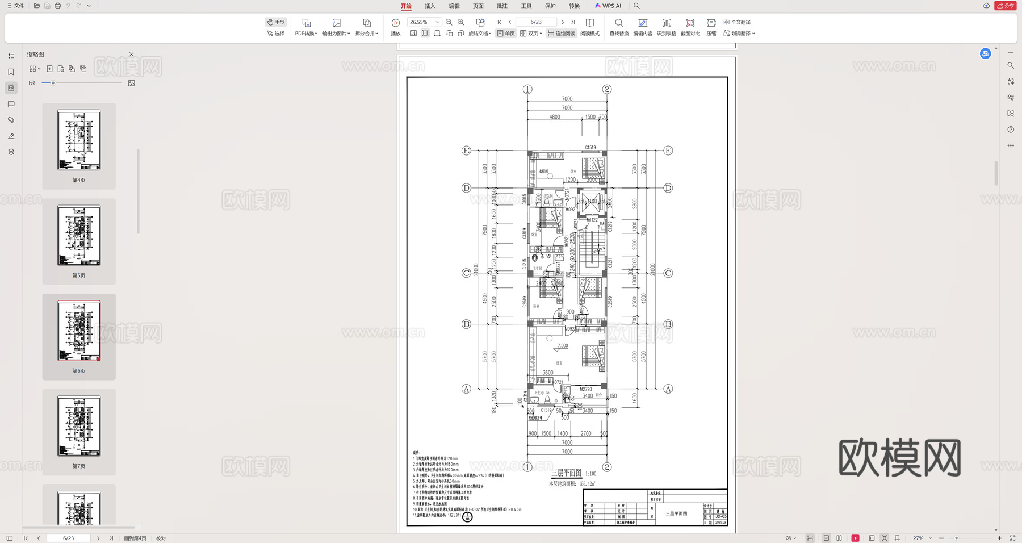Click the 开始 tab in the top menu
point(406,6)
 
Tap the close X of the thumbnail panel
point(132,55)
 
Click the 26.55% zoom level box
point(423,22)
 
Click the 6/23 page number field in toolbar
point(536,22)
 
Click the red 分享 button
point(1006,6)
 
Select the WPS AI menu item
point(608,6)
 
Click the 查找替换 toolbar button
point(619,27)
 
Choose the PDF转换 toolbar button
point(306,27)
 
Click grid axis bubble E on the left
point(466,151)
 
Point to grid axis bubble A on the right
point(668,389)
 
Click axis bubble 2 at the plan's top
point(607,89)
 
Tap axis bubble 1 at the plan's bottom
point(527,467)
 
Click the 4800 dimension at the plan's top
point(555,117)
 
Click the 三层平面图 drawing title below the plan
point(566,473)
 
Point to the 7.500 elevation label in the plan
point(563,345)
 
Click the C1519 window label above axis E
point(590,148)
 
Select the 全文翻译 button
point(738,22)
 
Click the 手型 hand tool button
point(276,22)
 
